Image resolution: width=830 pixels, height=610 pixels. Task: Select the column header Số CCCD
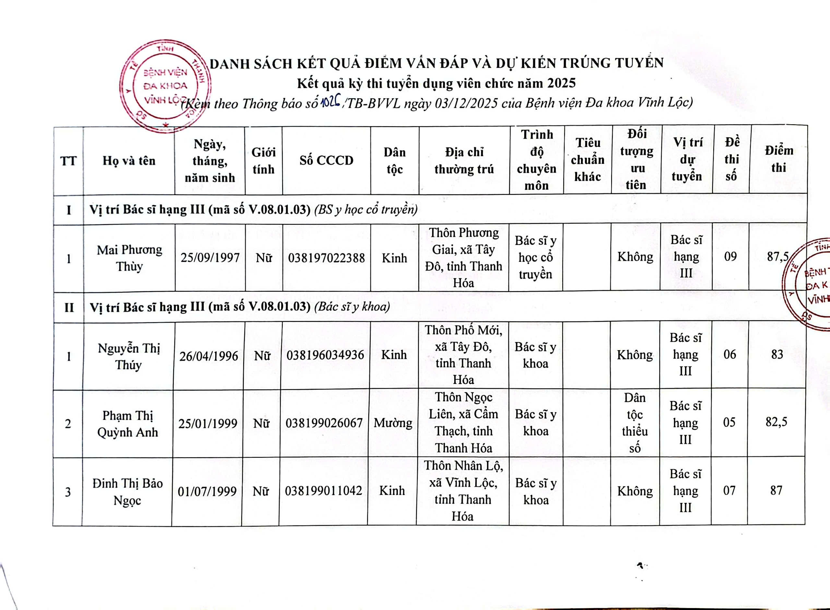point(326,161)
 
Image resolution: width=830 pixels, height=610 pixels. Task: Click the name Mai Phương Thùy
point(129,258)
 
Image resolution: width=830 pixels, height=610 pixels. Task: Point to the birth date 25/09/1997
point(210,258)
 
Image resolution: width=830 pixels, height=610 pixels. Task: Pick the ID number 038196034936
point(325,355)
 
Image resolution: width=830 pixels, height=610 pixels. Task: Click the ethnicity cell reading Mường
point(393,423)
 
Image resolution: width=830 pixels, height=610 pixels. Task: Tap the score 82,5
point(776,422)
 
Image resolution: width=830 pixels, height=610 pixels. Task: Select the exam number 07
point(729,491)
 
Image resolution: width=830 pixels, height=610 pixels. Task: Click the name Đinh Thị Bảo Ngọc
point(127,492)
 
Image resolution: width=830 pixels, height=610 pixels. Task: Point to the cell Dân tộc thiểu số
point(634,423)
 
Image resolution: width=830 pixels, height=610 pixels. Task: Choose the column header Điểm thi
point(779,159)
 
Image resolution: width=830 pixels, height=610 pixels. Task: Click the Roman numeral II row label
point(69,308)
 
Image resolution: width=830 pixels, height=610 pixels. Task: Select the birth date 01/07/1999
point(207,492)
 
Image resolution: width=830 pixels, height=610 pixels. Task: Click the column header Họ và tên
point(129,161)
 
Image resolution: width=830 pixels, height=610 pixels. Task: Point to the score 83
point(777,354)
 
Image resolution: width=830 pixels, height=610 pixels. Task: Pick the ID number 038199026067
point(324,423)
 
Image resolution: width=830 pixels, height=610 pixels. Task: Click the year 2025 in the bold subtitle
point(562,83)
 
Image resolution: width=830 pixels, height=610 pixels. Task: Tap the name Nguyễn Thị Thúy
point(128,356)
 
